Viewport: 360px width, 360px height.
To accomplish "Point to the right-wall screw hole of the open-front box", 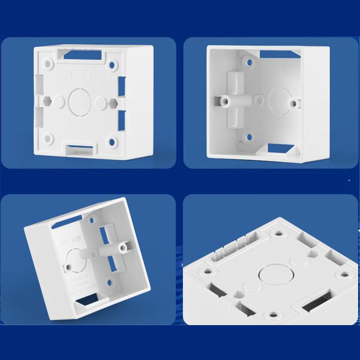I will click(x=294, y=103).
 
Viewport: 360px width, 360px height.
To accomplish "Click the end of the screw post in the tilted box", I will click(x=124, y=247).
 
